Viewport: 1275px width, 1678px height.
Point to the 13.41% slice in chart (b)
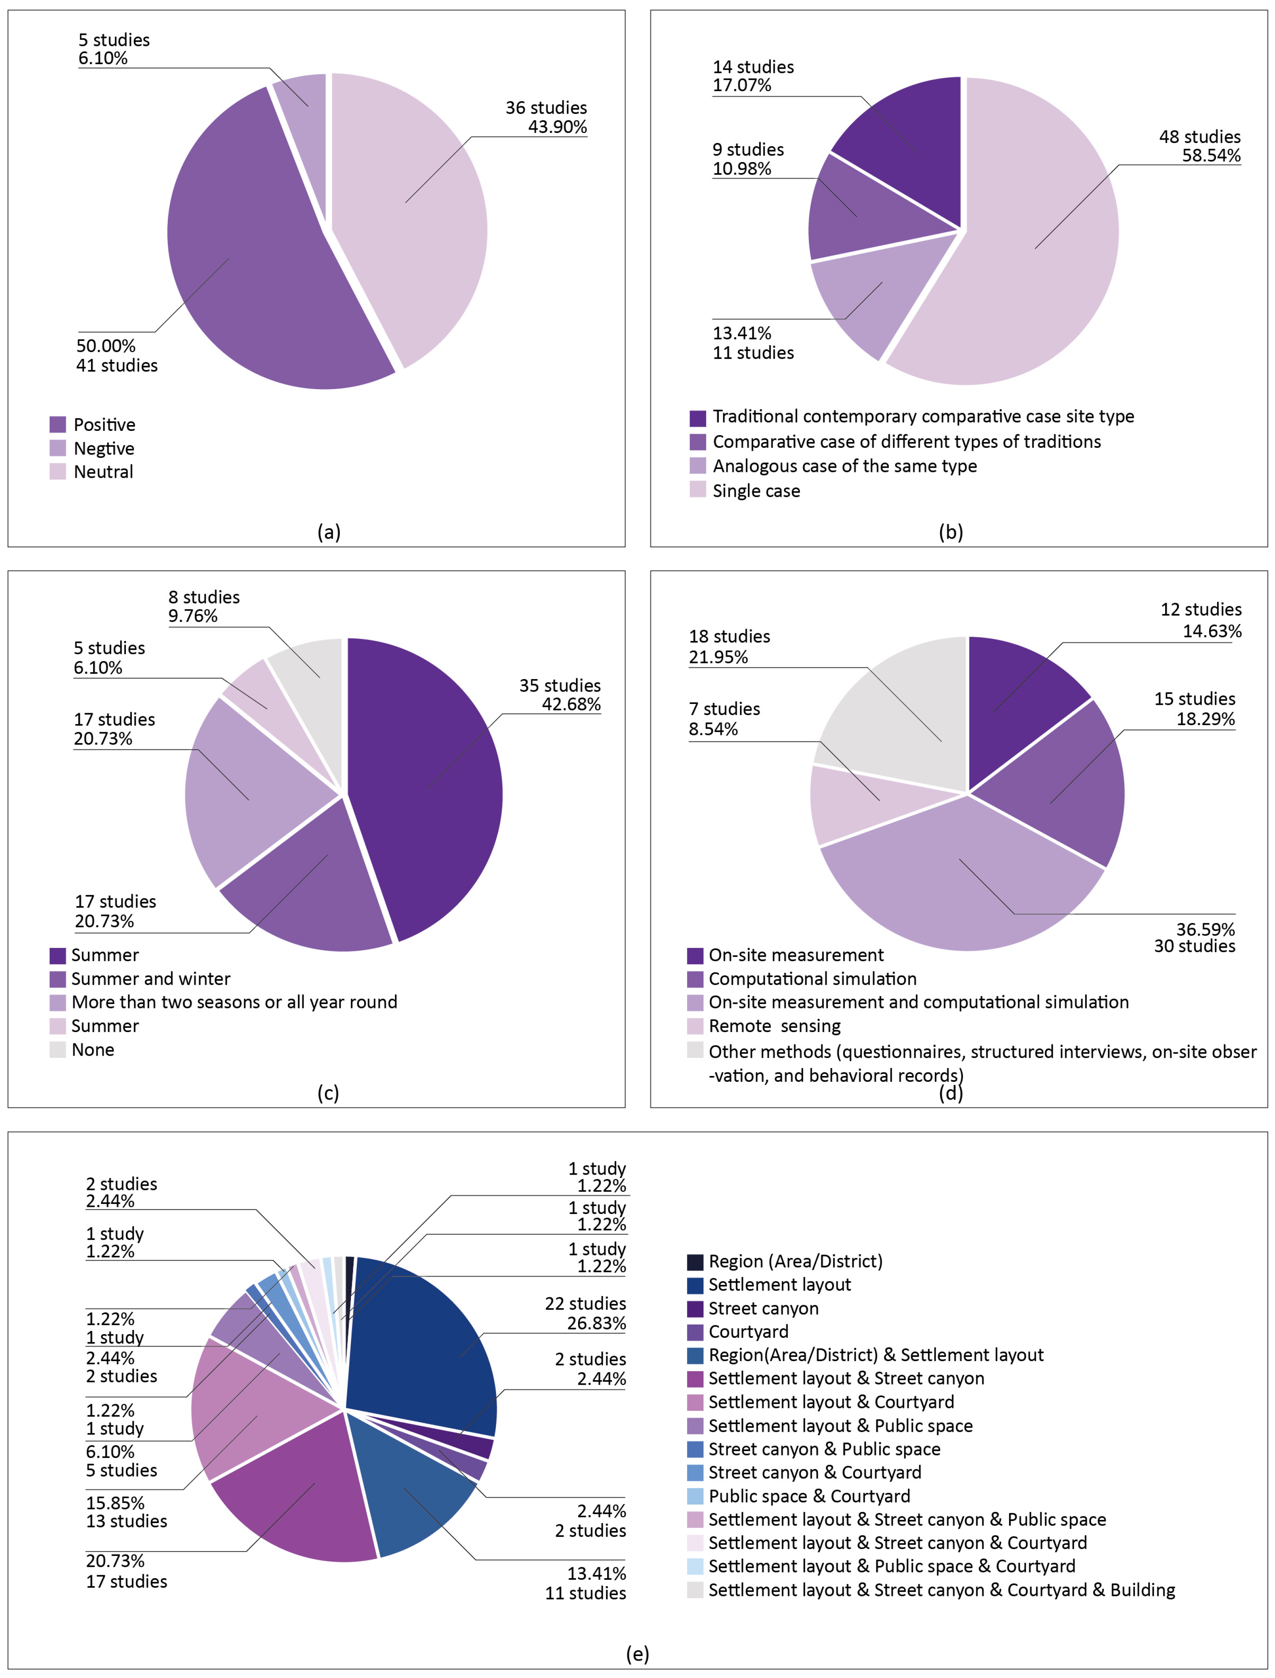pos(873,300)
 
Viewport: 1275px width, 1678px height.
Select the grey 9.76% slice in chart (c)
pos(311,668)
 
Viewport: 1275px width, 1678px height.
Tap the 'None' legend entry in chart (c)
pos(92,1049)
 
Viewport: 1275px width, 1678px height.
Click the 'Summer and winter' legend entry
pos(150,979)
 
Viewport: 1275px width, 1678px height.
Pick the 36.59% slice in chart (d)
pos(964,880)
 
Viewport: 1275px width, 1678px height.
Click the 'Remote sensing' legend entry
pos(774,1026)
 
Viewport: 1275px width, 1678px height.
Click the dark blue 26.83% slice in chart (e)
pos(425,1343)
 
